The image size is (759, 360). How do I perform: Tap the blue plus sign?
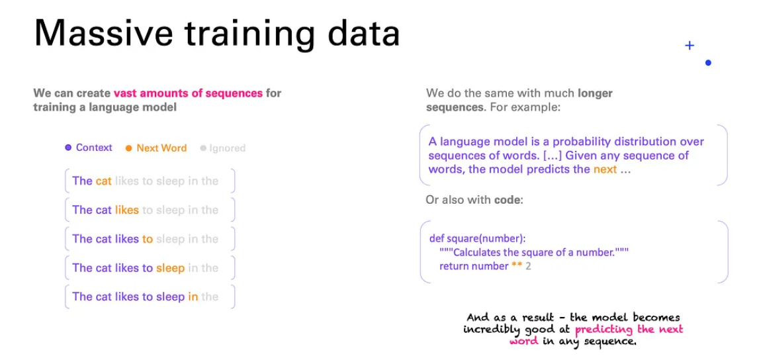pos(690,46)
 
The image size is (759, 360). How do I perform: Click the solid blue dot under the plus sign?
pos(708,63)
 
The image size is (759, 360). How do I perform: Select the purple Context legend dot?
pos(68,148)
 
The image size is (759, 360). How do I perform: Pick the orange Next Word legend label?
pos(161,148)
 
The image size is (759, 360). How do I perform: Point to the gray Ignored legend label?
pos(227,148)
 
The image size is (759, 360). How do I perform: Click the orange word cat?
pos(104,181)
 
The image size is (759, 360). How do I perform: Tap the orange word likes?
pos(127,210)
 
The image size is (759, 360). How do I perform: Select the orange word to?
pos(147,239)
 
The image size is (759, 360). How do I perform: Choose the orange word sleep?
pos(170,269)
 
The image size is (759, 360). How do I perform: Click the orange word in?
pos(193,296)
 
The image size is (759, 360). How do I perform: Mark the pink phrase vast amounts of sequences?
pos(189,93)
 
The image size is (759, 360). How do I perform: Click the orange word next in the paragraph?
pos(605,170)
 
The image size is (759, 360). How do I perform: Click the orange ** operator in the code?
pos(516,265)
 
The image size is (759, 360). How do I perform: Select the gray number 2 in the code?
pos(528,266)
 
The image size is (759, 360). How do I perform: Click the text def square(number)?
pos(477,238)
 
